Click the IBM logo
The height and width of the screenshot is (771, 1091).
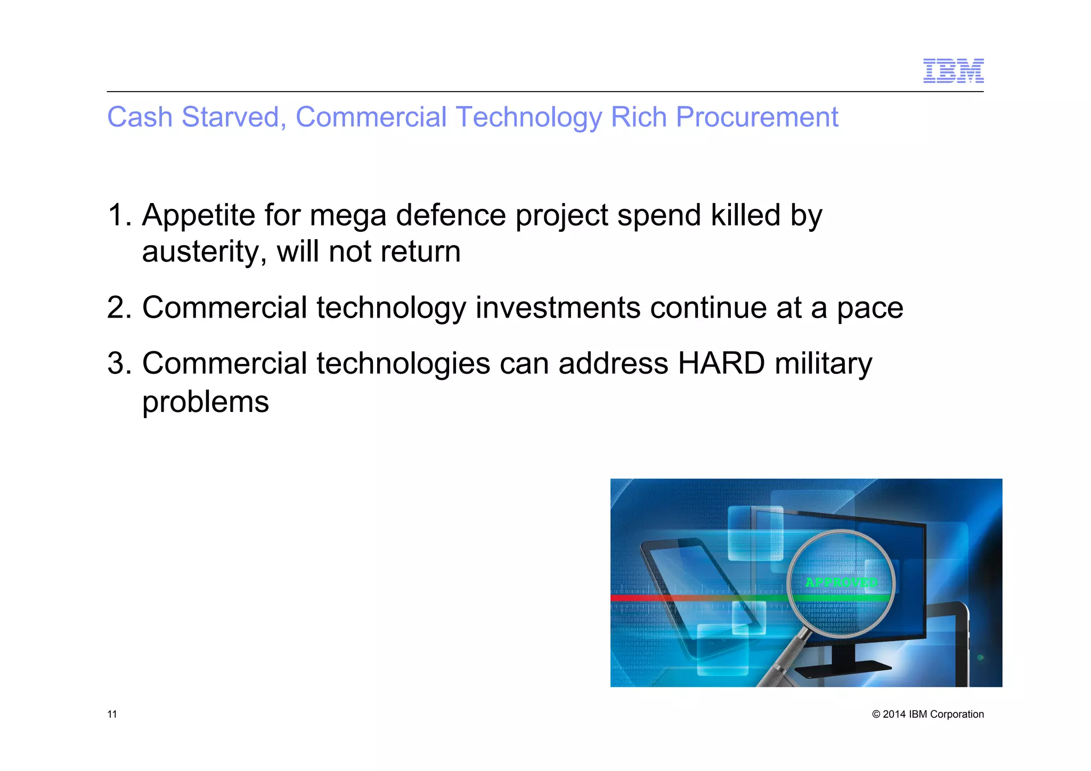[x=953, y=71]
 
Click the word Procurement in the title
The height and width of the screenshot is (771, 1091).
[x=756, y=117]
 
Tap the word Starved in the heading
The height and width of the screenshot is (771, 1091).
[x=230, y=117]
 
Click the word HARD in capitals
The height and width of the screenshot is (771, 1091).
[x=721, y=364]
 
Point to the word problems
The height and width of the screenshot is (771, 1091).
[x=205, y=402]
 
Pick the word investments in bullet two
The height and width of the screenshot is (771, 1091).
[x=557, y=308]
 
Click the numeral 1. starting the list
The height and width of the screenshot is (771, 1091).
[x=119, y=215]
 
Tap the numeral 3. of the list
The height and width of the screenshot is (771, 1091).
[x=119, y=364]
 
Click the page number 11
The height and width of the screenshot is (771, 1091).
[x=112, y=715]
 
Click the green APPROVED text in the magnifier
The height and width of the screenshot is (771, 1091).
[x=841, y=582]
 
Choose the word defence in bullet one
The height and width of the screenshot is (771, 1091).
[x=451, y=215]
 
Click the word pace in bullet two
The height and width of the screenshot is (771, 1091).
[x=869, y=308]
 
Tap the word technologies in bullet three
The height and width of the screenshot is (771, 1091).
[x=403, y=364]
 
